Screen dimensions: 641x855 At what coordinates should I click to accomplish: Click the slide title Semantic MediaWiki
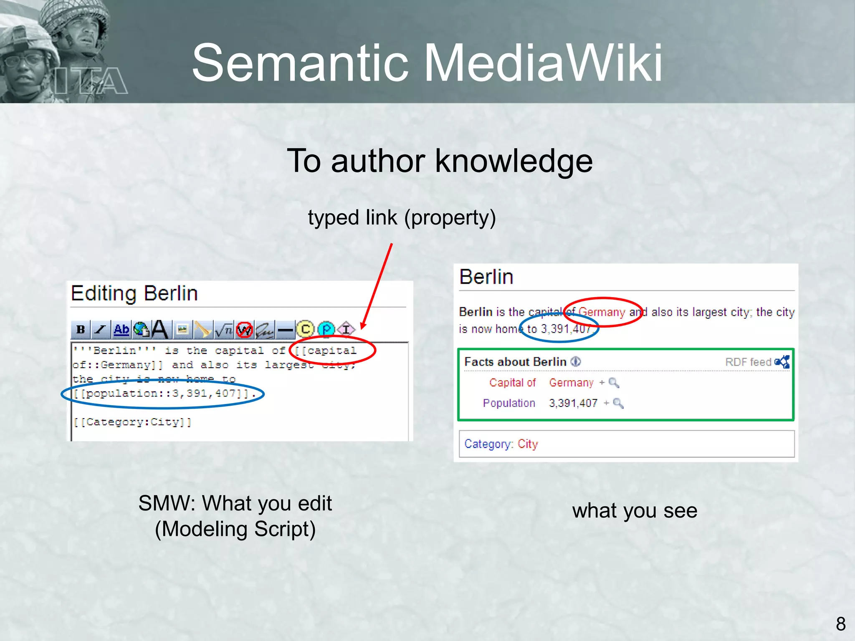[427, 63]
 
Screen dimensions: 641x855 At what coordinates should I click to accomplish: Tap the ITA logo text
[91, 81]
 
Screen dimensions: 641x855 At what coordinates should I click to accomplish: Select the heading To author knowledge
[440, 161]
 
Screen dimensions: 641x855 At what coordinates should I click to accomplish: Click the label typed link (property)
[402, 217]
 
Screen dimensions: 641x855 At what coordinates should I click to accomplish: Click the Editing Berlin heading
[134, 293]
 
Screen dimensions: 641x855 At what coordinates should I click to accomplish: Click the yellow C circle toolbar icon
[305, 329]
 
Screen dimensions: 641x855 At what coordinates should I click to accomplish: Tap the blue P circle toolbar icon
[326, 329]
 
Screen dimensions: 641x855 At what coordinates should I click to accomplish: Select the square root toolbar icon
[224, 330]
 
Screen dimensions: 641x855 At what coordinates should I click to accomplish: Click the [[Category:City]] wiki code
[132, 422]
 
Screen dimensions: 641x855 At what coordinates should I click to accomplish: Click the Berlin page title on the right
[486, 277]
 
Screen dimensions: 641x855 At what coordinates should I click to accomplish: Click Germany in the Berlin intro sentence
[602, 312]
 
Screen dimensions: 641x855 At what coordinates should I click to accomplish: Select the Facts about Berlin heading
[515, 362]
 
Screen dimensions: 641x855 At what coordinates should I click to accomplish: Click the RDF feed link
[748, 362]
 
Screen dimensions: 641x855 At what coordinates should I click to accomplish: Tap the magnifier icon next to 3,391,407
[618, 403]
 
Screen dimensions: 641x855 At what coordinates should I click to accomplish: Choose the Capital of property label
[512, 383]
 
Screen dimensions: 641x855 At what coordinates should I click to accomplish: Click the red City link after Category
[528, 444]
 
